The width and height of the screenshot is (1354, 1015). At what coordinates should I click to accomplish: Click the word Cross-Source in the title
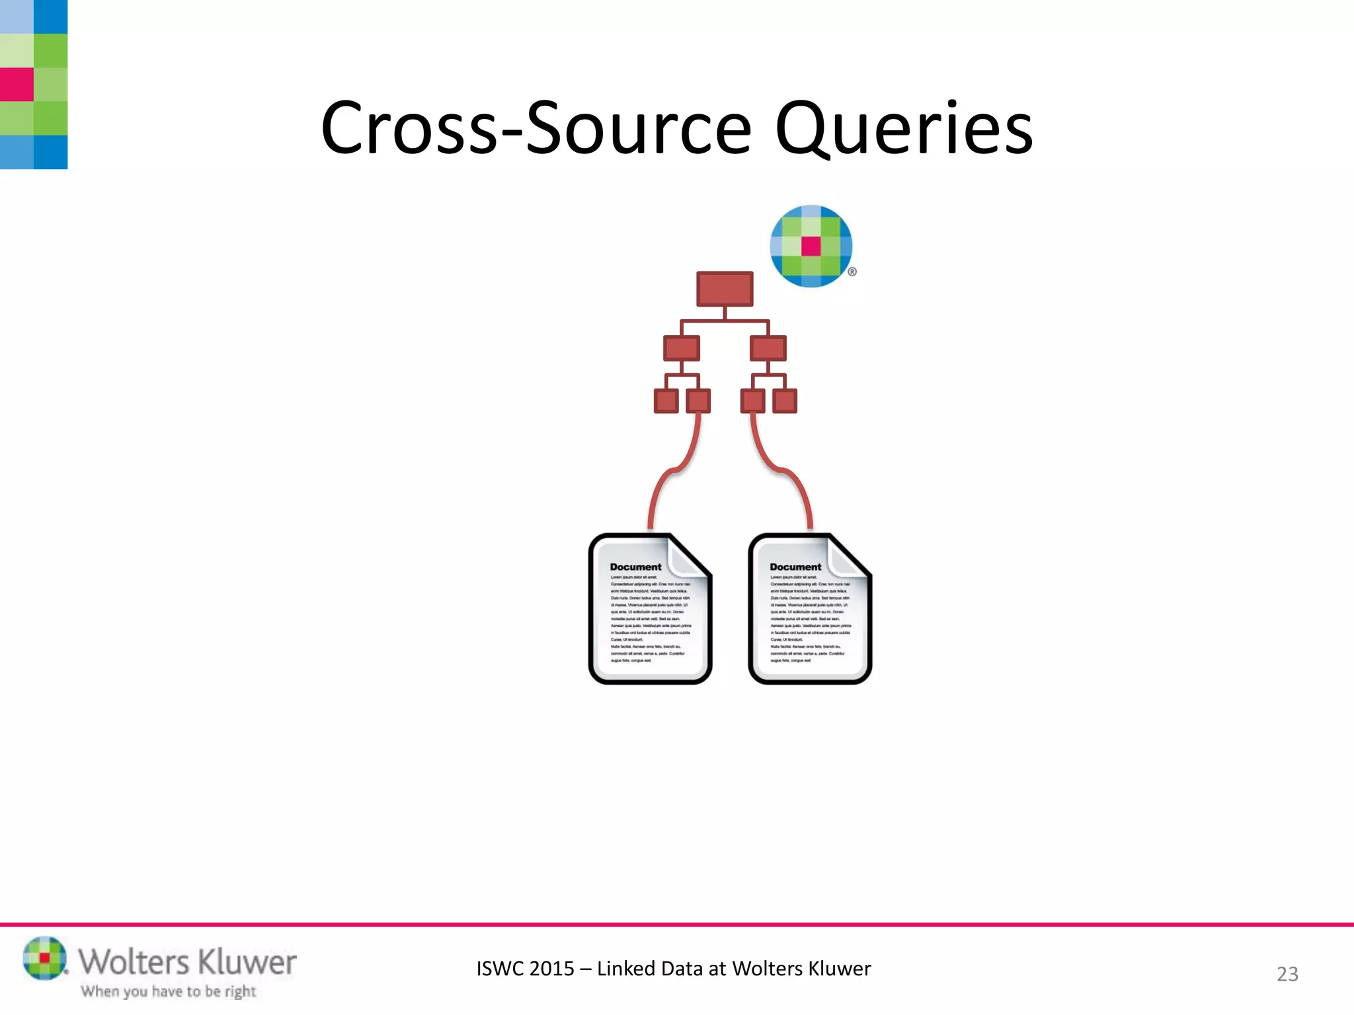tap(536, 129)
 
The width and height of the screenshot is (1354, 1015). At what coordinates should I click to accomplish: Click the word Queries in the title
tap(903, 129)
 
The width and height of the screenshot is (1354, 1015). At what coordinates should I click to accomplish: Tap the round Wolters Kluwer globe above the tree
tap(811, 246)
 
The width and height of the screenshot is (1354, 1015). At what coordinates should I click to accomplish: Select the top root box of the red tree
tap(725, 289)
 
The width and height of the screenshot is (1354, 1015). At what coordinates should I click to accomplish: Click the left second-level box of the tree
tap(681, 348)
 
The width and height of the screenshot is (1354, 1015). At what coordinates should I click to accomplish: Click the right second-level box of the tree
tap(768, 348)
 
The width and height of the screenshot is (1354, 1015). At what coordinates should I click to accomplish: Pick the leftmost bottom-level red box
tap(666, 400)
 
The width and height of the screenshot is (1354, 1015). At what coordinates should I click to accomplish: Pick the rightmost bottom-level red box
tap(785, 400)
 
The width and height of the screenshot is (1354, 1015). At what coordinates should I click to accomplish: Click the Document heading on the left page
tap(635, 567)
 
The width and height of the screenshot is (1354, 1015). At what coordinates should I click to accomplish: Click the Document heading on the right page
tap(795, 567)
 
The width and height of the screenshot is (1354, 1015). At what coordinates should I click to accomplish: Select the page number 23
tap(1287, 974)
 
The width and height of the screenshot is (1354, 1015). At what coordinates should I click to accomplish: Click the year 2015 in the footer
tap(551, 969)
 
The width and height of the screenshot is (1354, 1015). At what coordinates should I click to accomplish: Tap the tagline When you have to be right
tap(169, 991)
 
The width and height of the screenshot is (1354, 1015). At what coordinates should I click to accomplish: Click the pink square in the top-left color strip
tap(17, 85)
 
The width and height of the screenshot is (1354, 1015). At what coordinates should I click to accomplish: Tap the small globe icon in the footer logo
tap(44, 958)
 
